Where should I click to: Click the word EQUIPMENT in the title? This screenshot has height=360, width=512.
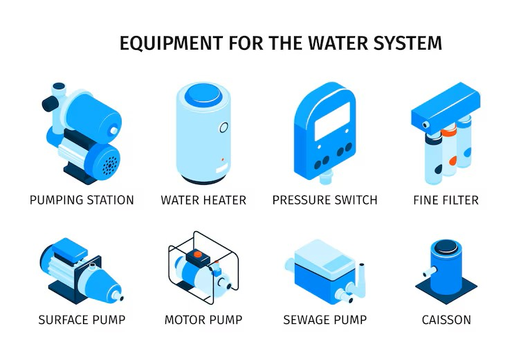click(x=171, y=43)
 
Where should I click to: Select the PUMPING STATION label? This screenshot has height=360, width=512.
click(x=82, y=200)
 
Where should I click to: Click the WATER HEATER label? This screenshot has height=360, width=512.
click(x=203, y=200)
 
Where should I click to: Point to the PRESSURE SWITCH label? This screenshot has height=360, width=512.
click(x=325, y=200)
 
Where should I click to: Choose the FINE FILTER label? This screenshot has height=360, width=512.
click(x=446, y=200)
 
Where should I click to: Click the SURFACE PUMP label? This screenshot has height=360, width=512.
click(x=82, y=320)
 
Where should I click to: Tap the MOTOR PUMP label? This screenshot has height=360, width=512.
click(x=203, y=320)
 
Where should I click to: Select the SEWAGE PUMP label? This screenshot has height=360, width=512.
click(x=325, y=320)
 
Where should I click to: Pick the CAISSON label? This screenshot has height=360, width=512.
click(x=446, y=320)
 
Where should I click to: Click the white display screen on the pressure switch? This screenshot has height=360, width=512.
click(x=332, y=121)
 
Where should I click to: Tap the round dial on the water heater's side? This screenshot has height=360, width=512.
click(x=223, y=127)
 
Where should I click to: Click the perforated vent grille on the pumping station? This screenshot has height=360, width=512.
click(x=110, y=165)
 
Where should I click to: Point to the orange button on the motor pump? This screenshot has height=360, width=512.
click(x=198, y=253)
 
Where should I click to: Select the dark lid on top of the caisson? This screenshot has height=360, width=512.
click(x=446, y=246)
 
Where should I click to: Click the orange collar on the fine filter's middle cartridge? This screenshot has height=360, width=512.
click(x=448, y=131)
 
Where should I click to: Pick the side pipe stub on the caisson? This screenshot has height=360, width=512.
click(x=429, y=272)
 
